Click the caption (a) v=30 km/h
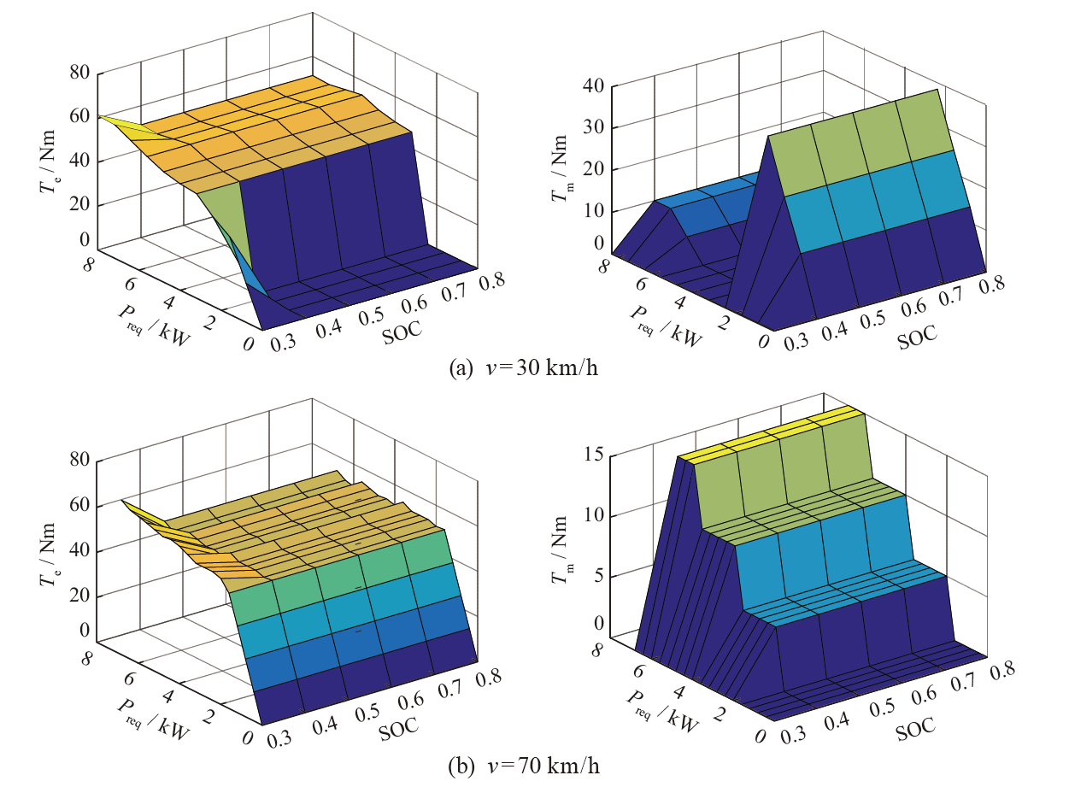click(523, 369)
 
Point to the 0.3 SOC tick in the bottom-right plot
click(792, 737)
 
